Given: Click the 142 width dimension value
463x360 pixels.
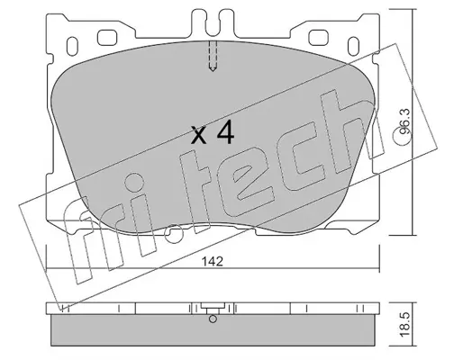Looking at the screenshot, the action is pos(213,262).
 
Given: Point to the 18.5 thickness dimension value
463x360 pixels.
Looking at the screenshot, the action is pos(404,324).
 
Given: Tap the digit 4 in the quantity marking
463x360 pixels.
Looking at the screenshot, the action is pos(225,132).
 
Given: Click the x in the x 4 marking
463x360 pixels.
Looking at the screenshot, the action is pos(199,135).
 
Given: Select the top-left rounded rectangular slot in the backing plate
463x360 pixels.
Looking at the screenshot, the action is pos(108,38).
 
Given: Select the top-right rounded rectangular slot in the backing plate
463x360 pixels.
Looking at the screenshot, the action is pos(318,38).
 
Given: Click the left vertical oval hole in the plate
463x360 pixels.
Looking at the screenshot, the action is pos(72,46).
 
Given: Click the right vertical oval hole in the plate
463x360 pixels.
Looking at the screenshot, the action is pos(353,46).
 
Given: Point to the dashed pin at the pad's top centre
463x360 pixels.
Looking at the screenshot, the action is pos(213,56).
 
